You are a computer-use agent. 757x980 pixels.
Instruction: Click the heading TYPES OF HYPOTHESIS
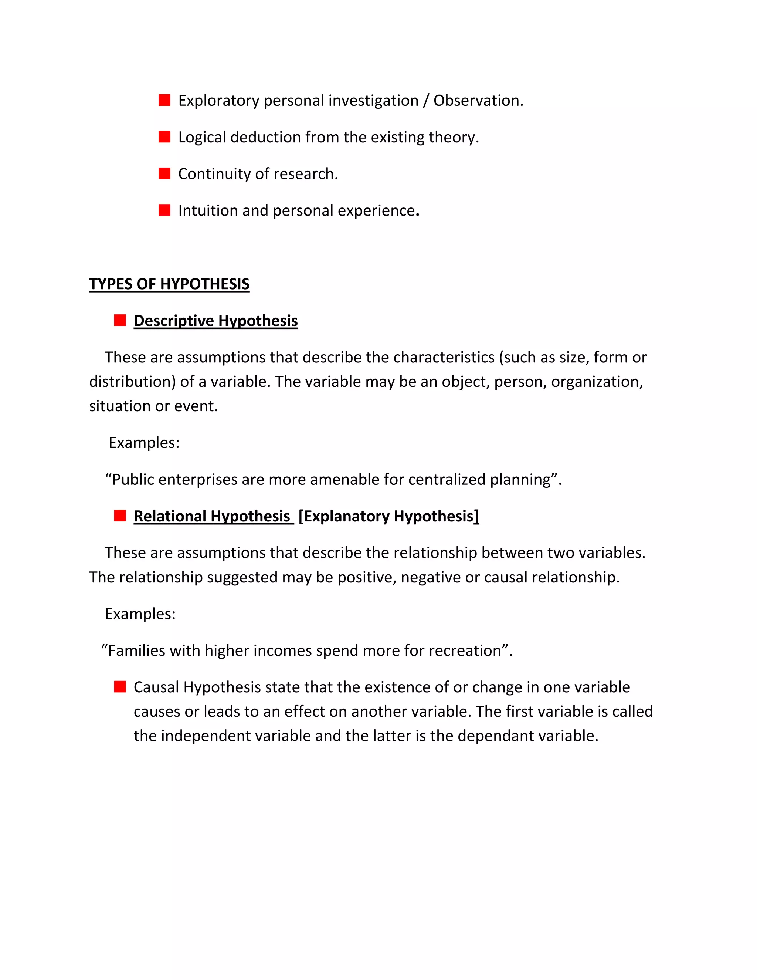(169, 284)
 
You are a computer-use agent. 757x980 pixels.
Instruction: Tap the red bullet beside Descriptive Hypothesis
(120, 320)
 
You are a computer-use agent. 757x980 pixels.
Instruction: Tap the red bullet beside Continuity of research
(164, 174)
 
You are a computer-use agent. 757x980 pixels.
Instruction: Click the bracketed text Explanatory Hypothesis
(389, 517)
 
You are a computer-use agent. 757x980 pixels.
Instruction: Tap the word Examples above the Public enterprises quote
(143, 443)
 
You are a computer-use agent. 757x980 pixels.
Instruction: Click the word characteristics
(444, 358)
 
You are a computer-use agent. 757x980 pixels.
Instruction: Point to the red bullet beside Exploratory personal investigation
(164, 100)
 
